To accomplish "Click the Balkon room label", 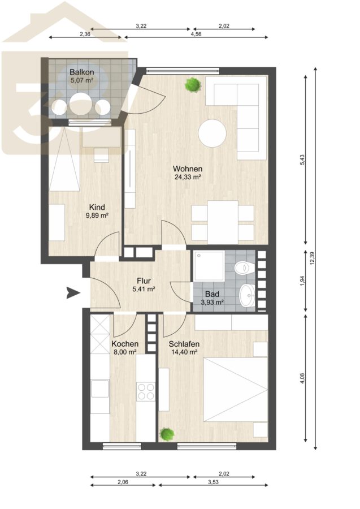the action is click(82, 72).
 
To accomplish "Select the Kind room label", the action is click(97, 207).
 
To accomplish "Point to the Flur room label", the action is click(144, 281).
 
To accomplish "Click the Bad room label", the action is click(212, 294).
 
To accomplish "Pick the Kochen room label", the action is click(125, 344).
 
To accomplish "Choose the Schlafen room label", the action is click(184, 344).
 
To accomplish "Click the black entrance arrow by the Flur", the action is click(73, 293).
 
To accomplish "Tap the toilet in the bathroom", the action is click(244, 268).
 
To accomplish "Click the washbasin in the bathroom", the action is click(247, 295).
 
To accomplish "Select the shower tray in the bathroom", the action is click(209, 266).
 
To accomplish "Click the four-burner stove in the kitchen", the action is click(146, 391).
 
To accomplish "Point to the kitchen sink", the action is click(100, 389).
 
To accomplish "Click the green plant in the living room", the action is click(193, 85).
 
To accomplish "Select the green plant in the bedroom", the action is click(167, 434).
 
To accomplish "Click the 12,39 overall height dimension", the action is click(312, 258).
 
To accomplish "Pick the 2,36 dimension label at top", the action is click(85, 34).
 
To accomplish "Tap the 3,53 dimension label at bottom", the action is click(213, 482).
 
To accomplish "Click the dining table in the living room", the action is click(223, 222).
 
